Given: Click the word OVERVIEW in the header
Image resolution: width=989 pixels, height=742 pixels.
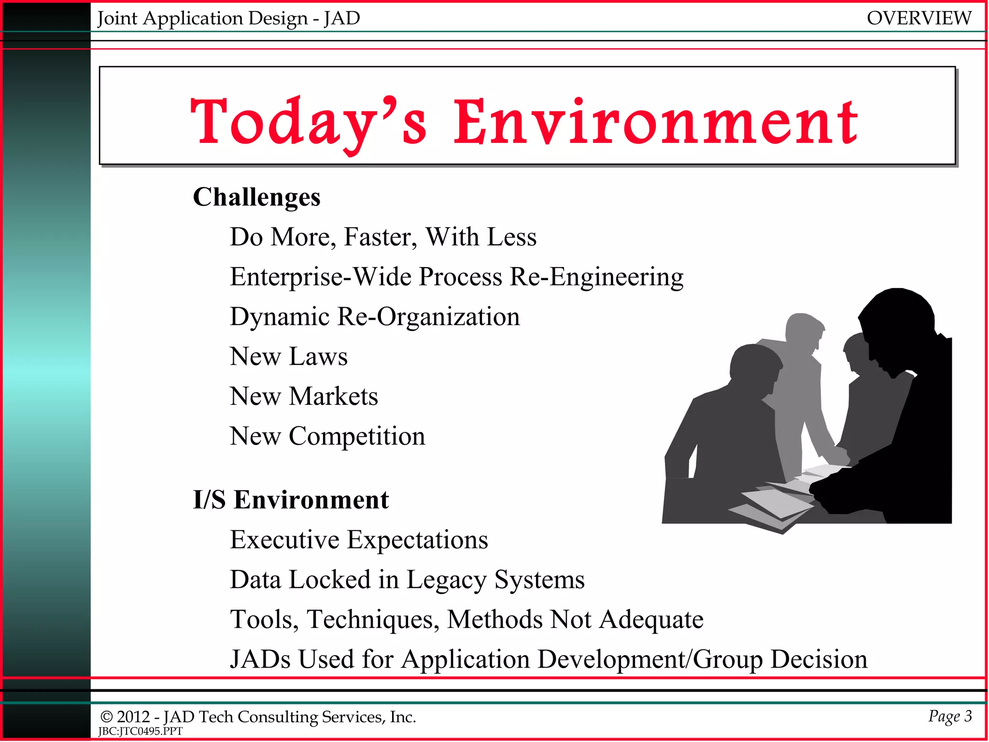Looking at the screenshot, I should [x=918, y=18].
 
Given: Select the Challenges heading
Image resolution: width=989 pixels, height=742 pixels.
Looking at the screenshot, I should [x=256, y=197].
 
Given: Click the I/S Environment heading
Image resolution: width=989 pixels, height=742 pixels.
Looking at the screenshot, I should [x=291, y=499].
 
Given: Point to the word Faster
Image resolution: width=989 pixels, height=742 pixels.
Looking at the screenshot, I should [x=380, y=237].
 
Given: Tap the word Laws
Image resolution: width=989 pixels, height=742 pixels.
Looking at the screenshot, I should [x=318, y=357].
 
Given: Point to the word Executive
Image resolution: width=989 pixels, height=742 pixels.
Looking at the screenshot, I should [x=284, y=540].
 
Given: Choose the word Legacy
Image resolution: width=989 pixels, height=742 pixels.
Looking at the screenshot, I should [x=446, y=580].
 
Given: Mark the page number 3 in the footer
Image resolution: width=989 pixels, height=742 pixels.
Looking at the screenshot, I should [x=968, y=715].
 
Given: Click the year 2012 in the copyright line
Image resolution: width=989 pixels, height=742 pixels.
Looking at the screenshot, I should [x=133, y=717].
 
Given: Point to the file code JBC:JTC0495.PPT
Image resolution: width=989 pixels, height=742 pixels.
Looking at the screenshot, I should [x=140, y=731].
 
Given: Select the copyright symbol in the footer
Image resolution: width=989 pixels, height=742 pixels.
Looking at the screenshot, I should [x=106, y=717].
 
